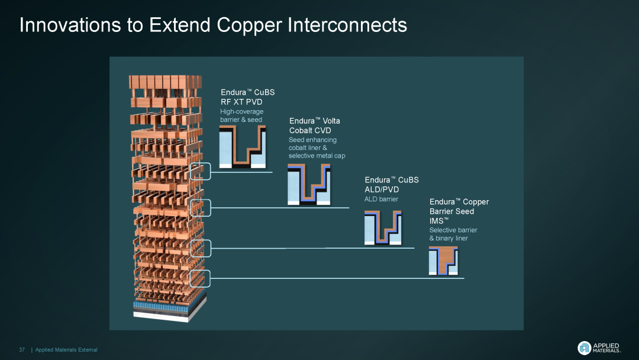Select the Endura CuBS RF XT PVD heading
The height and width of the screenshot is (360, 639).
pyautogui.click(x=247, y=97)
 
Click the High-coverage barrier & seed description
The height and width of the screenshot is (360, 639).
pyautogui.click(x=241, y=115)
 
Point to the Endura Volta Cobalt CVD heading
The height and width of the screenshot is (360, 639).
pyautogui.click(x=314, y=126)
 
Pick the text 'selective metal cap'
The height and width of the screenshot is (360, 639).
pyautogui.click(x=317, y=156)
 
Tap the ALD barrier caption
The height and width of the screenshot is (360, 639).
pyautogui.click(x=381, y=199)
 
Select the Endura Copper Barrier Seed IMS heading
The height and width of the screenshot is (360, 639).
pyautogui.click(x=459, y=211)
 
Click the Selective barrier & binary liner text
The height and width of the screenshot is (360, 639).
pyautogui.click(x=453, y=234)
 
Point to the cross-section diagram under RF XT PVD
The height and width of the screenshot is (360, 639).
pyautogui.click(x=242, y=147)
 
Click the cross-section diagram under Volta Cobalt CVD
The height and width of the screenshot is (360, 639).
pyautogui.click(x=309, y=185)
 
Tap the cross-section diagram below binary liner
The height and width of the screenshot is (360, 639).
pyautogui.click(x=443, y=261)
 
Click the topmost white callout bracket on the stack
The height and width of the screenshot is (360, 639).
pyautogui.click(x=200, y=171)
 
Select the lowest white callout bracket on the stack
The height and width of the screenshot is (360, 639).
pyautogui.click(x=200, y=278)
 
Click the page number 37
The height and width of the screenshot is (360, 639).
pyautogui.click(x=22, y=350)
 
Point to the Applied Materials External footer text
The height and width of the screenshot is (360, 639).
pyautogui.click(x=66, y=350)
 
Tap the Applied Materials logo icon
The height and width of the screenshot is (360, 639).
pyautogui.click(x=584, y=348)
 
